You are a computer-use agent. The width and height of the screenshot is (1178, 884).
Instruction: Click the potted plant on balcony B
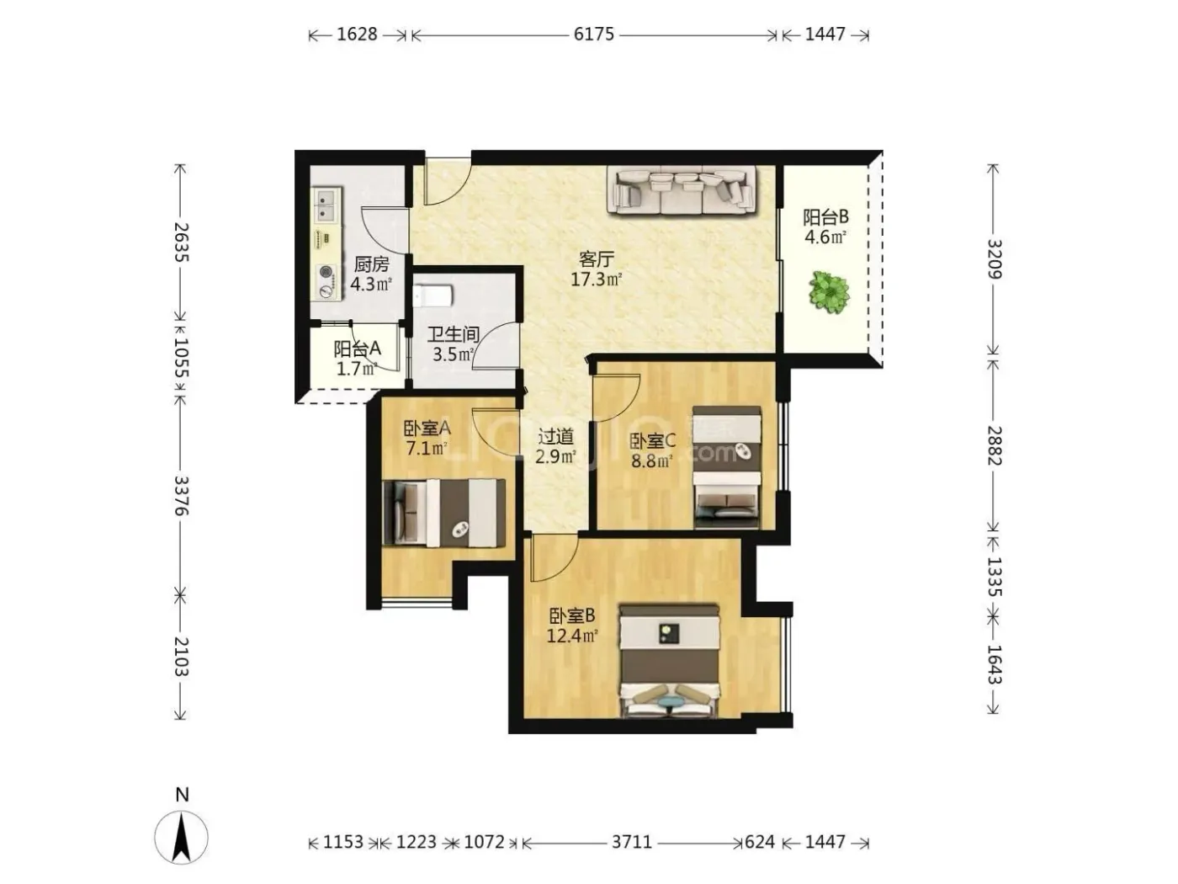click(x=829, y=292)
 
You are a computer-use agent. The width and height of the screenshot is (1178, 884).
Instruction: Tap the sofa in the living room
click(x=682, y=190)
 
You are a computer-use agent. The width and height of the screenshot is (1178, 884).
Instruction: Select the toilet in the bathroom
click(x=433, y=296)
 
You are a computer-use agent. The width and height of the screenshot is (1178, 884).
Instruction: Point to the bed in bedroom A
click(x=444, y=513)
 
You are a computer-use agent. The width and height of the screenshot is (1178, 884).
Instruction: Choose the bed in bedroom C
click(x=727, y=466)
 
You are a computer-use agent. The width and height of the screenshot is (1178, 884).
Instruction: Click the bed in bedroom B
click(x=669, y=661)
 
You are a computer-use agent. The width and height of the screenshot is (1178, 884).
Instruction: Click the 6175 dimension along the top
click(x=593, y=35)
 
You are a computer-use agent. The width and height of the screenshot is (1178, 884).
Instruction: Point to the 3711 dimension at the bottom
click(x=632, y=842)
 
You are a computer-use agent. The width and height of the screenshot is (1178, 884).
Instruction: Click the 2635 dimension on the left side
click(x=181, y=242)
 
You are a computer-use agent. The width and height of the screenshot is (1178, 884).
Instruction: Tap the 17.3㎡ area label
click(x=596, y=280)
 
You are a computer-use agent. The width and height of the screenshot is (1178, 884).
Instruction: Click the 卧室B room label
click(x=571, y=615)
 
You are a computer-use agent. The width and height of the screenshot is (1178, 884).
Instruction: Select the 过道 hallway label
click(x=555, y=437)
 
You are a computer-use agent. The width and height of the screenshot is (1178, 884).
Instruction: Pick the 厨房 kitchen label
click(x=371, y=264)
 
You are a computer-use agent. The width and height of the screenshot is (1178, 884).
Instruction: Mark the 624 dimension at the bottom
click(x=760, y=842)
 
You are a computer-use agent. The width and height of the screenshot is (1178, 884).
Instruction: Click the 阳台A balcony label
click(x=358, y=349)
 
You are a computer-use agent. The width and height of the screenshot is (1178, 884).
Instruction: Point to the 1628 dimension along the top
click(x=357, y=35)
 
